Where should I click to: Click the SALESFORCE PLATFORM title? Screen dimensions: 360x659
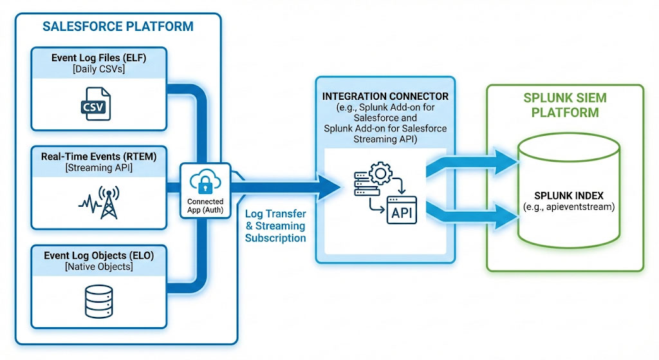pyautogui.click(x=118, y=26)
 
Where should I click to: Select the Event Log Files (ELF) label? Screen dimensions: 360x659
pyautogui.click(x=98, y=58)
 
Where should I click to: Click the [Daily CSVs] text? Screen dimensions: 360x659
pyautogui.click(x=98, y=69)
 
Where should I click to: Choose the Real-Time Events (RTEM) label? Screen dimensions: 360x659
pyautogui.click(x=98, y=156)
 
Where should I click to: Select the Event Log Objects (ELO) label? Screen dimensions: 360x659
pyautogui.click(x=98, y=254)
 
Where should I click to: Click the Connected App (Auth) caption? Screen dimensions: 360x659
pyautogui.click(x=205, y=206)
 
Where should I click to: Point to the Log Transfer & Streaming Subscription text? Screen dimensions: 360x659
pyautogui.click(x=275, y=225)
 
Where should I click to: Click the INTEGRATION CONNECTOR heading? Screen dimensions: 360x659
pyautogui.click(x=385, y=96)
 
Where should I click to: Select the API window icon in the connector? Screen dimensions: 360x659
pyautogui.click(x=400, y=210)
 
